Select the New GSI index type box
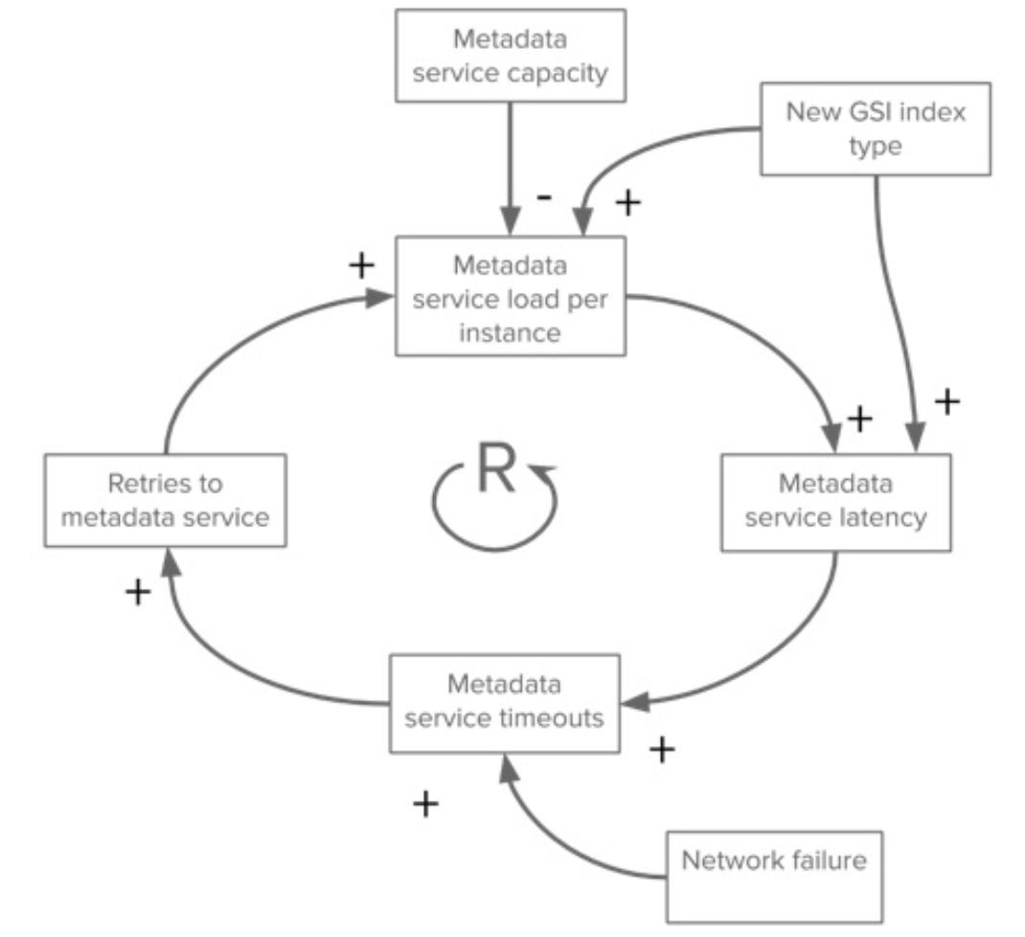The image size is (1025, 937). click(x=875, y=128)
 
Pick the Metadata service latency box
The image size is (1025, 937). click(x=835, y=502)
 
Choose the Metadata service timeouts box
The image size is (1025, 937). click(x=504, y=702)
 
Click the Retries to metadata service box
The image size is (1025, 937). click(x=165, y=500)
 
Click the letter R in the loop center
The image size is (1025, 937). click(x=495, y=471)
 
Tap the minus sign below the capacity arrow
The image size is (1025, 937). click(x=543, y=197)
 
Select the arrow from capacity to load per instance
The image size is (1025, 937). click(x=510, y=163)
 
